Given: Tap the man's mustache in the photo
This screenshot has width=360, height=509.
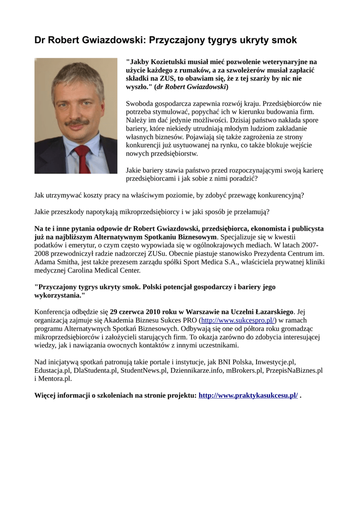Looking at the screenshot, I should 77,122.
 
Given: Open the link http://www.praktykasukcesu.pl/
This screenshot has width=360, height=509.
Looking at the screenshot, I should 248,395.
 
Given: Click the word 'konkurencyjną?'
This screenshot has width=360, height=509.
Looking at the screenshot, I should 280,195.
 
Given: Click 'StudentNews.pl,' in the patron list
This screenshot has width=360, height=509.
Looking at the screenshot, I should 144,370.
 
